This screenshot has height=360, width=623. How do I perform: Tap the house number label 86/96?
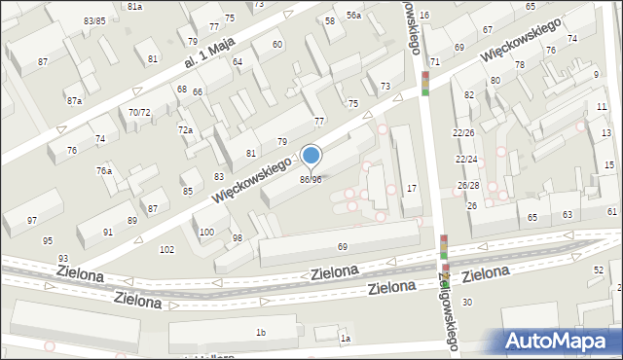tap(311, 179)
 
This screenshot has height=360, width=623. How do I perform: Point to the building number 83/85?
tap(94, 20)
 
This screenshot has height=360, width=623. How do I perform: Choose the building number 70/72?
tap(139, 112)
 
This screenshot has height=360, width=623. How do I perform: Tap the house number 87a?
tap(74, 100)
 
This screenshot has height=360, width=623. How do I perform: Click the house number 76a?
tap(103, 170)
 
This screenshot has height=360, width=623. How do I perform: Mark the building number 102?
tap(166, 249)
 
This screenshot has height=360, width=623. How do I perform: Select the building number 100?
tap(206, 232)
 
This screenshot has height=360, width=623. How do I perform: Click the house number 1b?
tap(260, 333)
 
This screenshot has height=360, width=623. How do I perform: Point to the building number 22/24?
tap(467, 159)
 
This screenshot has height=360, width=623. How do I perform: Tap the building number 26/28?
tap(468, 185)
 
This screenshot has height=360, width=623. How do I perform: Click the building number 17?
tap(412, 187)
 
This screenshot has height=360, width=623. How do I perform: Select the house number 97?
tap(32, 221)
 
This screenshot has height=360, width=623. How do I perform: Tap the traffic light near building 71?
tap(425, 83)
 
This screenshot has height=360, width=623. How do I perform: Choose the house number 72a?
tap(184, 129)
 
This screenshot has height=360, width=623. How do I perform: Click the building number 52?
tap(599, 269)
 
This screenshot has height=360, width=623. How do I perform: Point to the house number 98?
tap(237, 238)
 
